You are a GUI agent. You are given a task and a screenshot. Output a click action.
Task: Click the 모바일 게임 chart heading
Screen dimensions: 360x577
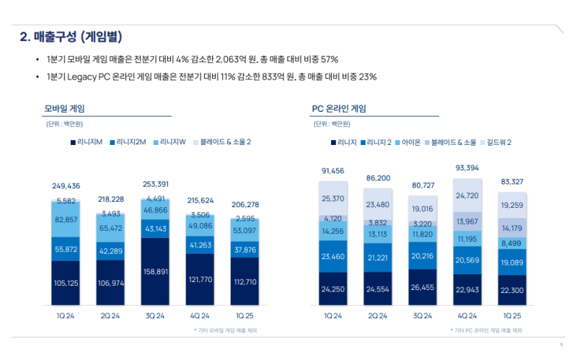pyautogui.click(x=65, y=109)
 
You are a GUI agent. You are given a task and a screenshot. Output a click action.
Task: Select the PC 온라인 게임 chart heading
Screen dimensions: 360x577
pyautogui.click(x=338, y=109)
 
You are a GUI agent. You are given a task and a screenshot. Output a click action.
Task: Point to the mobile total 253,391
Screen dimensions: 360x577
pyautogui.click(x=156, y=183)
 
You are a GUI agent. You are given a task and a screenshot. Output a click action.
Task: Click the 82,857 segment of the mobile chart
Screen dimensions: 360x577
pyautogui.click(x=66, y=219)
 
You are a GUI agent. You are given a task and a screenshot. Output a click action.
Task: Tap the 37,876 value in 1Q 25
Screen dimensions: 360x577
pyautogui.click(x=245, y=250)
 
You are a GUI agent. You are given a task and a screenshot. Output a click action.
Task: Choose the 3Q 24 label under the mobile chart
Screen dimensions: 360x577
pyautogui.click(x=156, y=316)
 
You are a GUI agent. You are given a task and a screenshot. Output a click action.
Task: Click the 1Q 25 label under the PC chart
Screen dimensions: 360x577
pyautogui.click(x=513, y=316)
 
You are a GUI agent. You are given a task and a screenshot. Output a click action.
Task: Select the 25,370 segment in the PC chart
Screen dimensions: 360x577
pyautogui.click(x=333, y=198)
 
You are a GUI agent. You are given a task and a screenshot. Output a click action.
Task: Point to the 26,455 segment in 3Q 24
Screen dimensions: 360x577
pyautogui.click(x=423, y=287)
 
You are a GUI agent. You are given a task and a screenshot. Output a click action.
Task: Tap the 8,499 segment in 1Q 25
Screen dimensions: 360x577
pyautogui.click(x=513, y=243)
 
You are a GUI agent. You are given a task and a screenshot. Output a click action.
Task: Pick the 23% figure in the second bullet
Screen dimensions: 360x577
pyautogui.click(x=368, y=76)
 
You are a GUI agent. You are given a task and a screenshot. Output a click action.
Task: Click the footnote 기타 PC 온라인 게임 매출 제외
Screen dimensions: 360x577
pyautogui.click(x=488, y=330)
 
